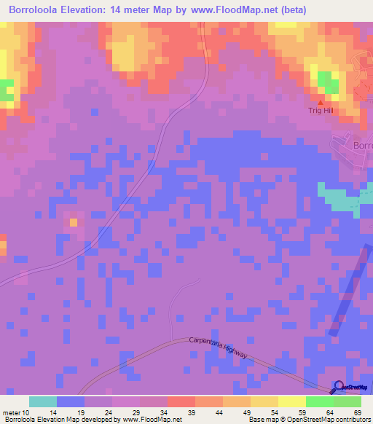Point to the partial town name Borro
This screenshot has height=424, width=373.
(x=362, y=145)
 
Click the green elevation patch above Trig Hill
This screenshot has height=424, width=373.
(x=326, y=82)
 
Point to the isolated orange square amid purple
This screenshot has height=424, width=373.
(x=73, y=221)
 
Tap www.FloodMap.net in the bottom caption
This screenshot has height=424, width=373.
(x=154, y=420)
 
